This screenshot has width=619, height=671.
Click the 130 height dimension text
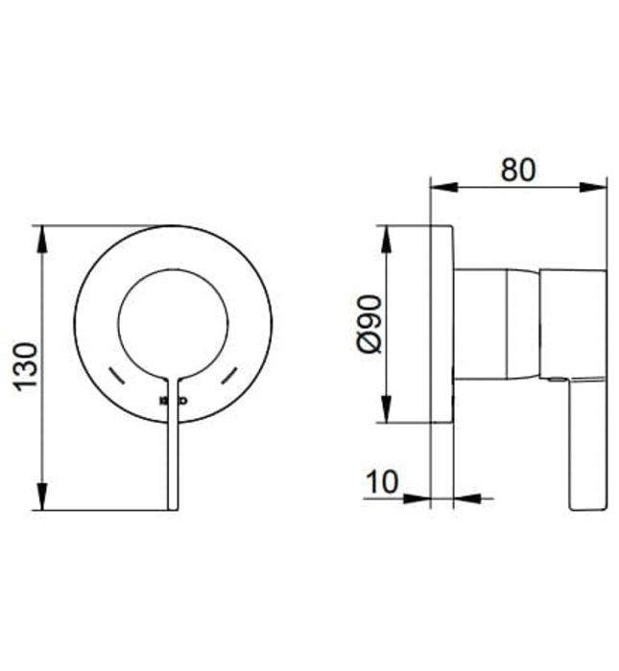25,365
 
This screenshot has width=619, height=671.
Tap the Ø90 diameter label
368,324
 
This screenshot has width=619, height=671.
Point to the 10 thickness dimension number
381,482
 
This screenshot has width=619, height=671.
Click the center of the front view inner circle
173,322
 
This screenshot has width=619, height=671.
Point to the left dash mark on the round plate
116,375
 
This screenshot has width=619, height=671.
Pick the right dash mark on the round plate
229,375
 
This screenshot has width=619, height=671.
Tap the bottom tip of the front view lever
173,507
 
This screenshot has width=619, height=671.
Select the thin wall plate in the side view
441,324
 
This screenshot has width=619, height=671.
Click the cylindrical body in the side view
494,324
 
